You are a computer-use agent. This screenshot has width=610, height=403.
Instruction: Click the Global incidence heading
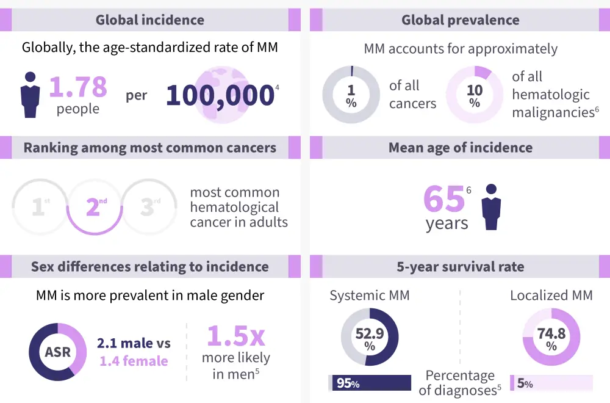[149, 20]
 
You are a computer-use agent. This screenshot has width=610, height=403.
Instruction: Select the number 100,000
[220, 95]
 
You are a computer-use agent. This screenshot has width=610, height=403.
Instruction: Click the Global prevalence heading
[460, 20]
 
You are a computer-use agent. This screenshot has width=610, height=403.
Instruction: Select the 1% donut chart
[351, 95]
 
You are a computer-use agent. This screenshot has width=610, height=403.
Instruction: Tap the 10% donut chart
[475, 95]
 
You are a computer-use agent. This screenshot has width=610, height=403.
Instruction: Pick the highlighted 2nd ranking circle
[93, 207]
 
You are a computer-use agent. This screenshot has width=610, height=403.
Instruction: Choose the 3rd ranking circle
[148, 207]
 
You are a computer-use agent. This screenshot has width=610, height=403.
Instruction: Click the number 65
[443, 198]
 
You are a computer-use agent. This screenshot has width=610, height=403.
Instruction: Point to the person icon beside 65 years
[491, 207]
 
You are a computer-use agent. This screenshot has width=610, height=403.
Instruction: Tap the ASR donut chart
[57, 352]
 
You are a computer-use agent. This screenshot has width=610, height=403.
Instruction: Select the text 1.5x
[235, 336]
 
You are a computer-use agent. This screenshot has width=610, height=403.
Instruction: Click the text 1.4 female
[134, 361]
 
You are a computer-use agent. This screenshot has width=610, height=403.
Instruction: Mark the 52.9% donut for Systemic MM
[370, 337]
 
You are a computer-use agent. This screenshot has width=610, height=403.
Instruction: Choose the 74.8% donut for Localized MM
[551, 337]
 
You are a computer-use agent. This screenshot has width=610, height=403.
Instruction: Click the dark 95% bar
[371, 383]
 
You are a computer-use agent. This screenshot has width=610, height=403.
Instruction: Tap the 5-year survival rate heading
[460, 266]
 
